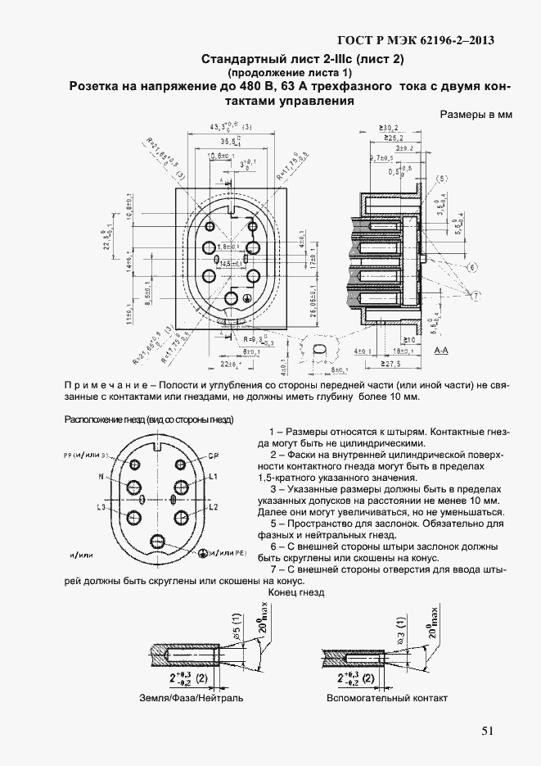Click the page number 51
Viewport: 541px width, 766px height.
[x=487, y=732]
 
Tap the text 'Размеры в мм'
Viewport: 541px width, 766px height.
[x=476, y=115]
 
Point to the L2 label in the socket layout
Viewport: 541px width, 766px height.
[x=212, y=508]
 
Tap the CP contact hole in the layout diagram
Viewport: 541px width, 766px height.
[x=178, y=462]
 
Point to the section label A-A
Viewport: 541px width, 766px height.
[x=441, y=351]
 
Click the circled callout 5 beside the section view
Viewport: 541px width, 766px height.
[x=443, y=179]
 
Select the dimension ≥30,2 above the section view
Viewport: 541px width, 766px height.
[x=389, y=128]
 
